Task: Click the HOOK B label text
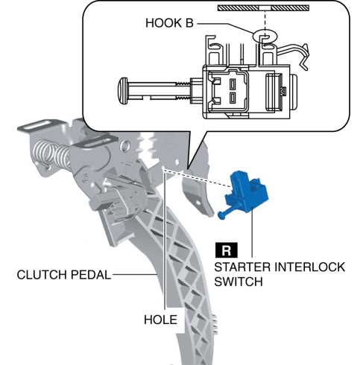tap(169, 23)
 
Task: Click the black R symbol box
tap(226, 250)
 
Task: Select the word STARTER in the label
tap(242, 267)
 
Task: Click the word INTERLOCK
tap(310, 267)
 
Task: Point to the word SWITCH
tap(239, 282)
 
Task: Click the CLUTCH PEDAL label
tap(64, 275)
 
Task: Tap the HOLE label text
tap(160, 320)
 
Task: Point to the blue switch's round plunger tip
tap(221, 215)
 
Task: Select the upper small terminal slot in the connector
tap(233, 83)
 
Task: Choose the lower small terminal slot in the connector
tap(233, 98)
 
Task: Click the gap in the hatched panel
tap(265, 8)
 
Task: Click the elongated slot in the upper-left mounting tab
tap(40, 125)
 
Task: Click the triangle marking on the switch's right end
tap(283, 91)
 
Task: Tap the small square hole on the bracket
tap(177, 162)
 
